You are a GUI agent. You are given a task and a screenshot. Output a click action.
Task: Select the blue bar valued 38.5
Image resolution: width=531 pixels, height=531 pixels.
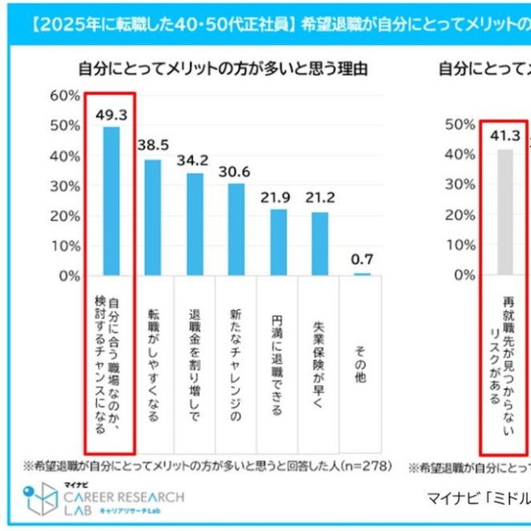[153, 217]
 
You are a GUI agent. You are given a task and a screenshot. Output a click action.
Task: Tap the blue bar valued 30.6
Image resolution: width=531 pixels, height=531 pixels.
[236, 229]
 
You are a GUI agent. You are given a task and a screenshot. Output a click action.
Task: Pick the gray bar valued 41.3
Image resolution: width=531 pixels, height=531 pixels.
[504, 212]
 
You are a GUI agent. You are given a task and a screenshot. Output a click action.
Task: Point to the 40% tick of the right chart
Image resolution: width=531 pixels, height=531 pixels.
[460, 154]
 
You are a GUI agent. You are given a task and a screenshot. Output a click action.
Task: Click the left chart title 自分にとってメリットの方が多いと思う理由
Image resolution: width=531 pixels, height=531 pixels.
[223, 68]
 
